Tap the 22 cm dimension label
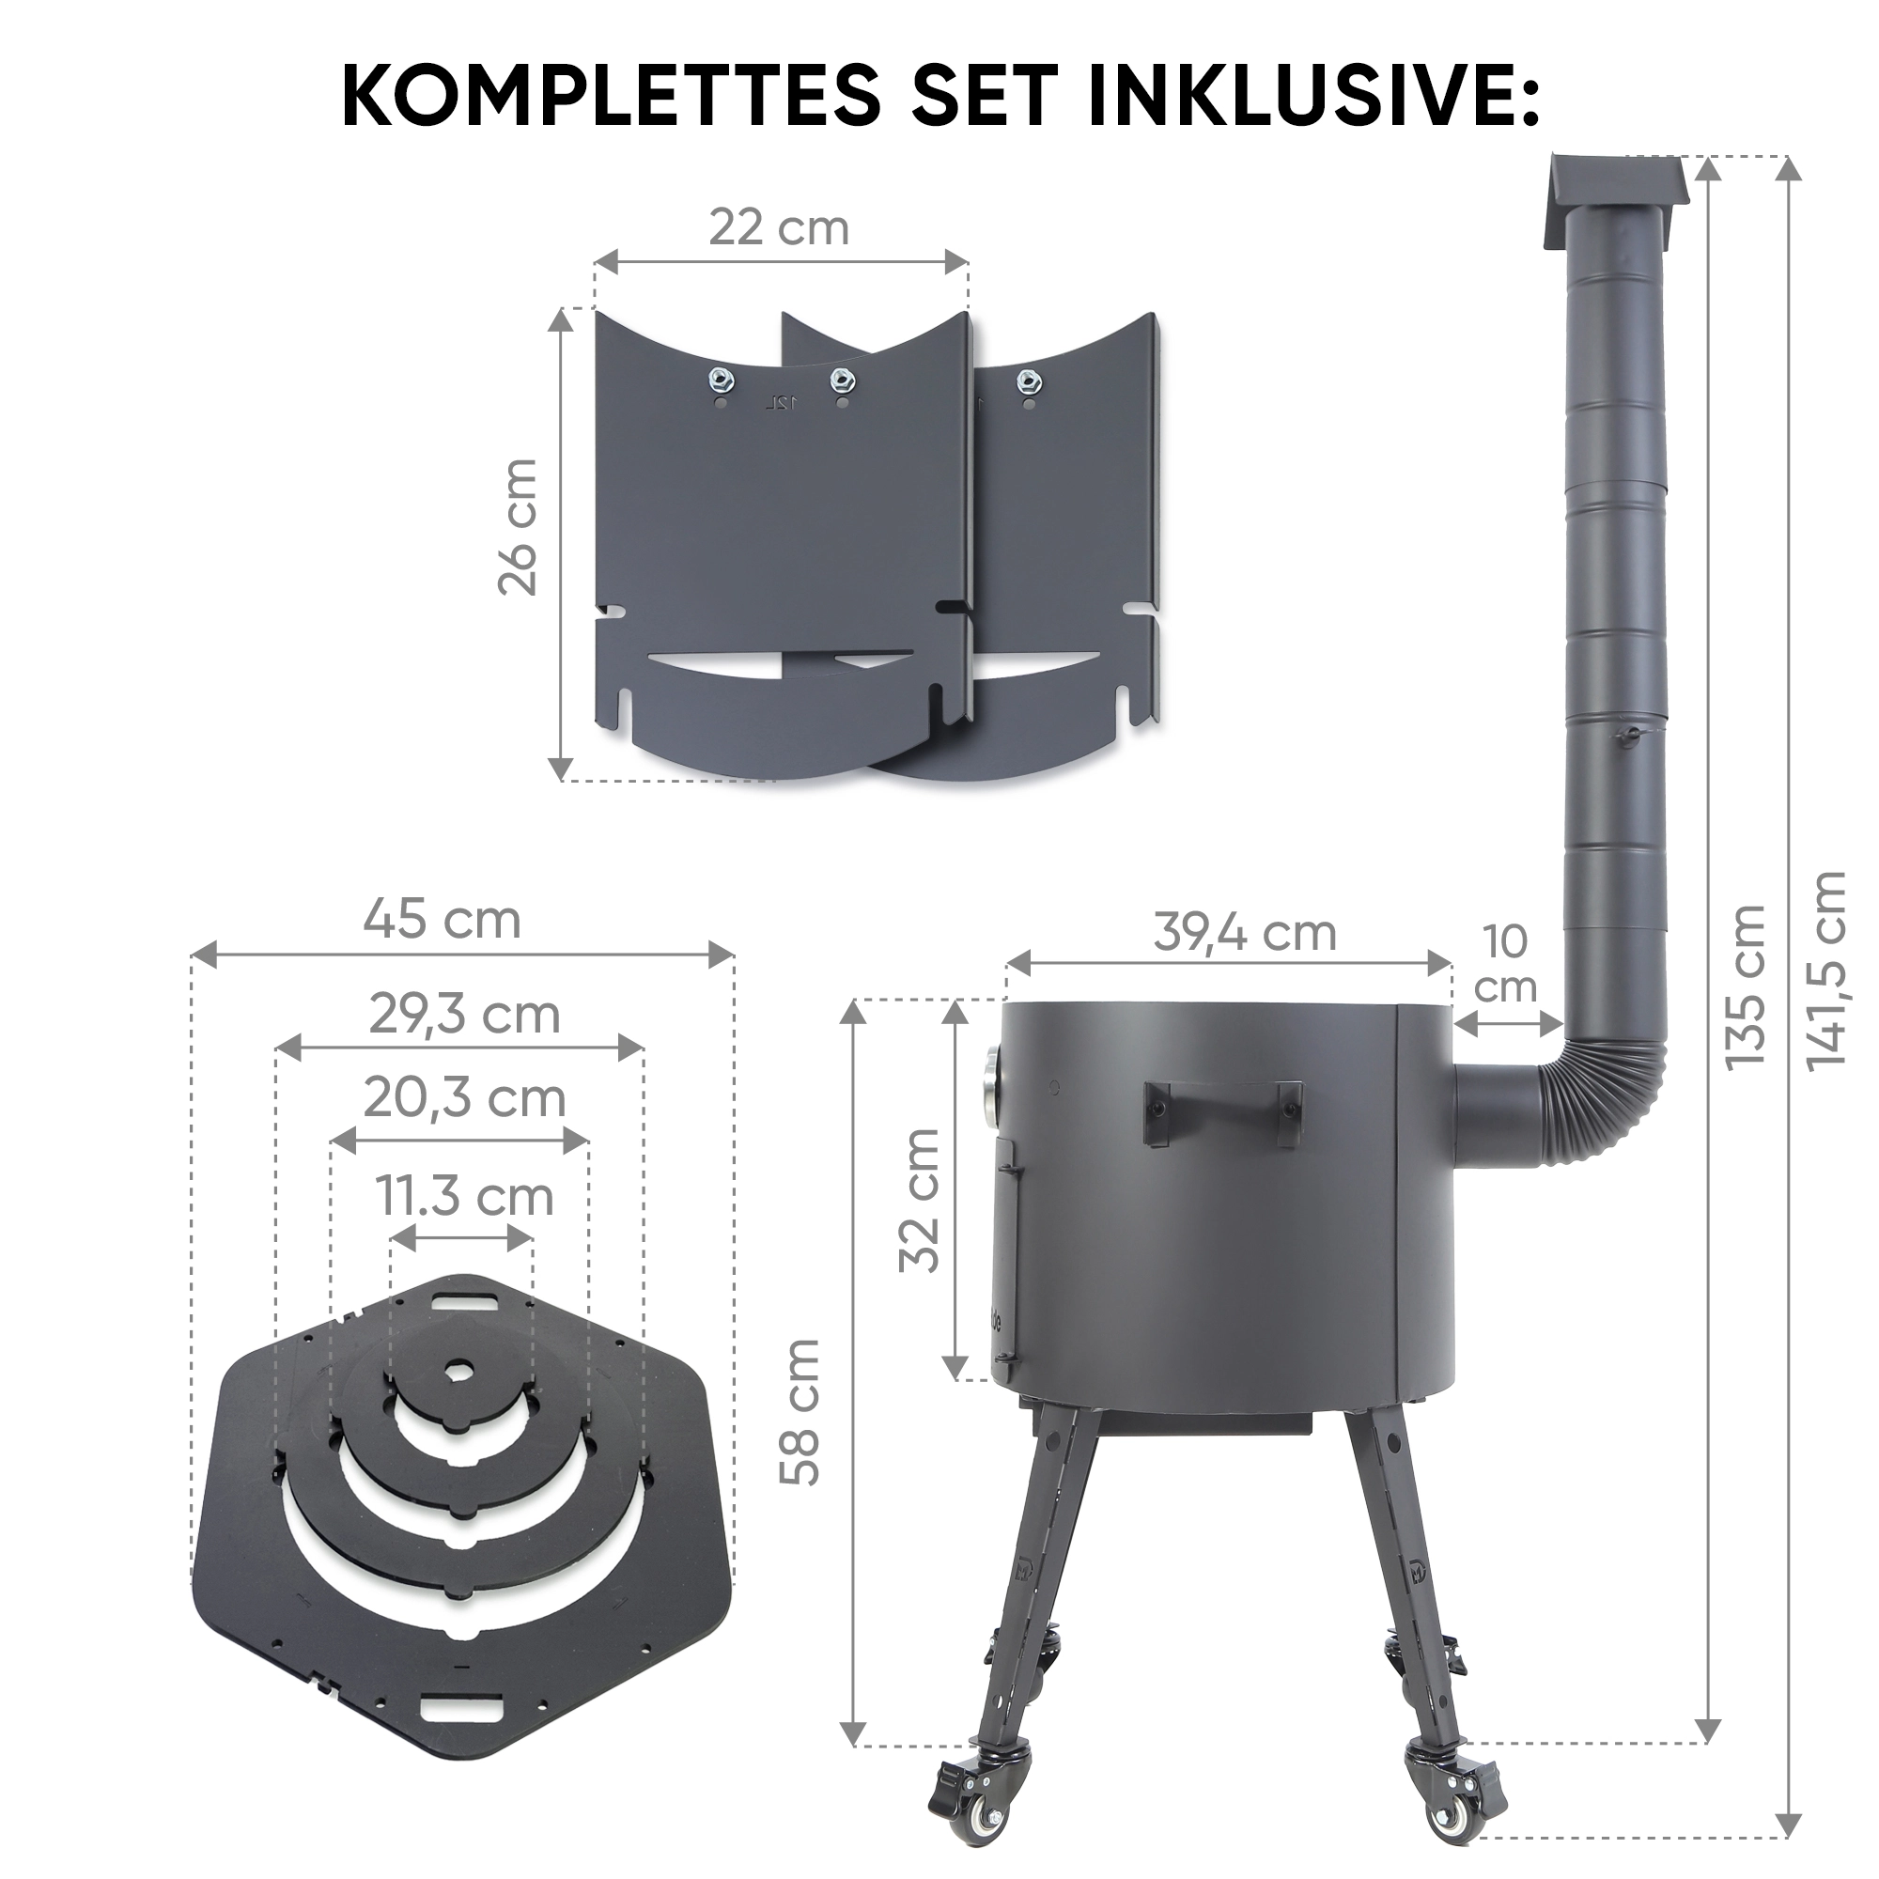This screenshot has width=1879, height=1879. (x=779, y=227)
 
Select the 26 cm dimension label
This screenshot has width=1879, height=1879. (x=518, y=526)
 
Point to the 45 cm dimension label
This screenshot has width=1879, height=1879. (x=443, y=919)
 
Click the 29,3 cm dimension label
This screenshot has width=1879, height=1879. (x=465, y=1016)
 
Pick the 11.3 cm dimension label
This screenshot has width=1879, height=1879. (x=465, y=1195)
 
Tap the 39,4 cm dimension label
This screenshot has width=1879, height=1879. (x=1245, y=933)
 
